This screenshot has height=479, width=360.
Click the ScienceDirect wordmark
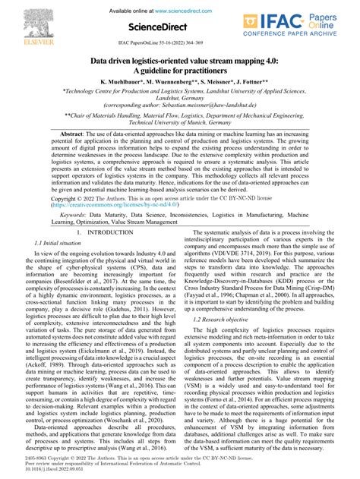pyautogui.click(x=179, y=28)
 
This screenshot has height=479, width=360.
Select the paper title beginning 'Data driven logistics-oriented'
pyautogui.click(x=179, y=59)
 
